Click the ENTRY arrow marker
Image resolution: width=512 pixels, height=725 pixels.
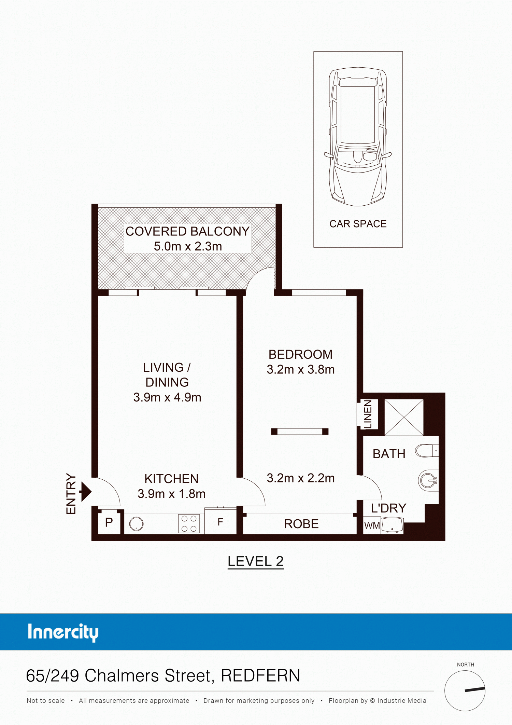point(86,491)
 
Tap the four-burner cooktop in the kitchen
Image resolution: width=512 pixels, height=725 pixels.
point(189,523)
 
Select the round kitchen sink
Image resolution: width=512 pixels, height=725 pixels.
point(136,524)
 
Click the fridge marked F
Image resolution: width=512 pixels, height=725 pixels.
point(221,522)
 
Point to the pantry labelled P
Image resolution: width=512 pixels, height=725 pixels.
point(109,523)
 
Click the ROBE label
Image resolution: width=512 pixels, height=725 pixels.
point(301,524)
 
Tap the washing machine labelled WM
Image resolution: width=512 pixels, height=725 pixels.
point(372,525)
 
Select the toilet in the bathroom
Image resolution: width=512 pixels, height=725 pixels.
point(427,451)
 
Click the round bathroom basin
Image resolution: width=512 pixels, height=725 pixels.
point(428,481)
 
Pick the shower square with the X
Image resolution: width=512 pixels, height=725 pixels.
point(404,417)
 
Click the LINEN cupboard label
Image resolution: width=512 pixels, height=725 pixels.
point(368,414)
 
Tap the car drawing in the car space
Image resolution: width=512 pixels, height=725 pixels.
point(358,137)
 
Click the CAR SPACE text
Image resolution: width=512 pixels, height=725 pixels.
point(358,224)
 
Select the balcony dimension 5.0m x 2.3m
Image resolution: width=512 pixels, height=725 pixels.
point(188,246)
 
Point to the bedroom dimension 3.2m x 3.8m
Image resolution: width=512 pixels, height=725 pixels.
point(301,370)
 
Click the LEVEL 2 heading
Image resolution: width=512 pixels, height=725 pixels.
point(256,561)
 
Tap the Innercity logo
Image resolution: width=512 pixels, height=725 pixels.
point(63,632)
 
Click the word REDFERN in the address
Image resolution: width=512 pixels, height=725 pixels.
point(260,675)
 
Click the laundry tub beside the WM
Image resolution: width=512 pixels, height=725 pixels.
point(392,525)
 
